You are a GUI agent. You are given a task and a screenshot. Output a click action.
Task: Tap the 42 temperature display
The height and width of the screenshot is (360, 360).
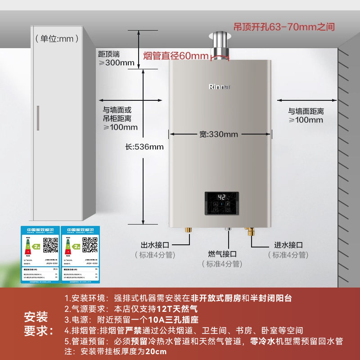[x=221, y=198]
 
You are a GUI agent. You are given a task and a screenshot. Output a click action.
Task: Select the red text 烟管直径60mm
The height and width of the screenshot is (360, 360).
[x=176, y=56]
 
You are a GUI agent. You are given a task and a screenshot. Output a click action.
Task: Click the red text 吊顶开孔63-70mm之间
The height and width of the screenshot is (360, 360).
[x=284, y=27]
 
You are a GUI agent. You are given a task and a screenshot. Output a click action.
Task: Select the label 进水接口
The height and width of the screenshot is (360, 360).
[x=288, y=245]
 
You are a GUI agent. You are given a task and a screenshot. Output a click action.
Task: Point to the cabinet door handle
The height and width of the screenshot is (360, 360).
[x=38, y=118]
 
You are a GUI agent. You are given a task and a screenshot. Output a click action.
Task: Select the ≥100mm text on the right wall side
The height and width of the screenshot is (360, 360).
[x=306, y=120]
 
